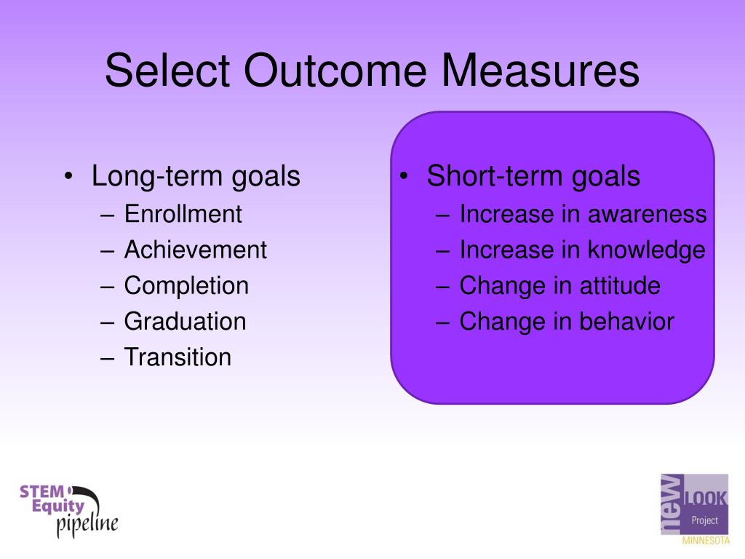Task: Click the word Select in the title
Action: click(x=168, y=71)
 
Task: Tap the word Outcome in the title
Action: click(x=335, y=71)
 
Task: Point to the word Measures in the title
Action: click(x=541, y=71)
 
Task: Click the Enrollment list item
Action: click(x=183, y=214)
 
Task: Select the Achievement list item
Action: click(x=196, y=250)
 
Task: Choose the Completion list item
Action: click(x=187, y=286)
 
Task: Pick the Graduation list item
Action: click(x=186, y=321)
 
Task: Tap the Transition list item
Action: click(x=178, y=357)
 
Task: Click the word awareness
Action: click(x=647, y=215)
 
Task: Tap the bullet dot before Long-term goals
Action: click(x=69, y=176)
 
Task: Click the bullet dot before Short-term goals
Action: click(x=404, y=176)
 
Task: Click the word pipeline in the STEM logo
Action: click(x=87, y=525)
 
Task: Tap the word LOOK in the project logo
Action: click(x=706, y=498)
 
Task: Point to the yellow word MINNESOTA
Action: click(x=706, y=541)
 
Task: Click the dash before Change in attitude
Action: click(x=442, y=288)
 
